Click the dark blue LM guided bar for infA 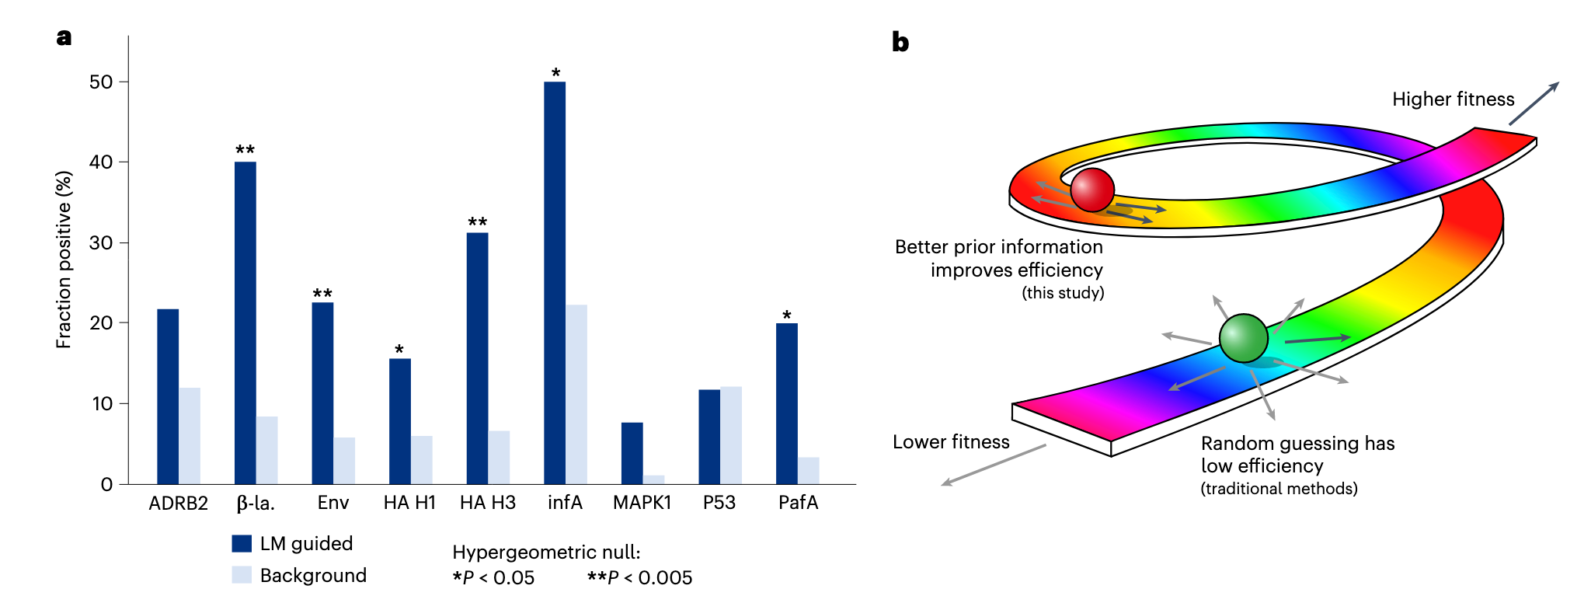click(x=555, y=283)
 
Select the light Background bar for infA click(x=576, y=395)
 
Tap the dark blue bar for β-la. click(x=245, y=322)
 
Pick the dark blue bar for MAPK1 click(x=632, y=454)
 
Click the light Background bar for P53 click(x=731, y=435)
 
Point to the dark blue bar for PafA click(x=787, y=403)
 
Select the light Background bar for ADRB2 click(x=190, y=436)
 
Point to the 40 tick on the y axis click(x=101, y=162)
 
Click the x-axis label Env click(x=333, y=503)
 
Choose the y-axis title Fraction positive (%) click(x=64, y=260)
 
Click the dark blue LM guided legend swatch click(x=242, y=543)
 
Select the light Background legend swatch click(x=242, y=575)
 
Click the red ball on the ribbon click(x=1092, y=190)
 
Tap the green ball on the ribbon click(x=1243, y=338)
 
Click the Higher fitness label click(x=1453, y=99)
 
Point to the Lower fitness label click(x=951, y=442)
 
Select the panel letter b click(x=900, y=43)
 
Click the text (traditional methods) click(x=1279, y=489)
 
